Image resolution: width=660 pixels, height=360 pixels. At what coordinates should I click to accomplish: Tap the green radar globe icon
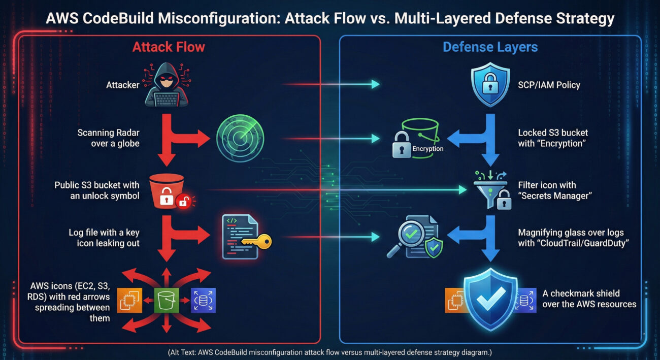point(240,138)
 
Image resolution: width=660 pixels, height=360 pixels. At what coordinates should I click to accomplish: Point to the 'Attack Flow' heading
point(169,47)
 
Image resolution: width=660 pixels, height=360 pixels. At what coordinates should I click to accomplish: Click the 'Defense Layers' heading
point(490,47)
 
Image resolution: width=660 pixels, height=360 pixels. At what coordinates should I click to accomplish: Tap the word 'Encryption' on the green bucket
point(428,149)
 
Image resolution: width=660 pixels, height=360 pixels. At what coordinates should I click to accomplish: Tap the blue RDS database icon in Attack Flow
point(203,300)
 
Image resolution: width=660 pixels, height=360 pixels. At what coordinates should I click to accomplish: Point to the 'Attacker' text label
point(122,85)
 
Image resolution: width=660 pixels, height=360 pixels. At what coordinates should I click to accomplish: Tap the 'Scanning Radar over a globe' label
point(108,138)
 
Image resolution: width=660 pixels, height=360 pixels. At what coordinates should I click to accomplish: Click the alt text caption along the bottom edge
point(329,352)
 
